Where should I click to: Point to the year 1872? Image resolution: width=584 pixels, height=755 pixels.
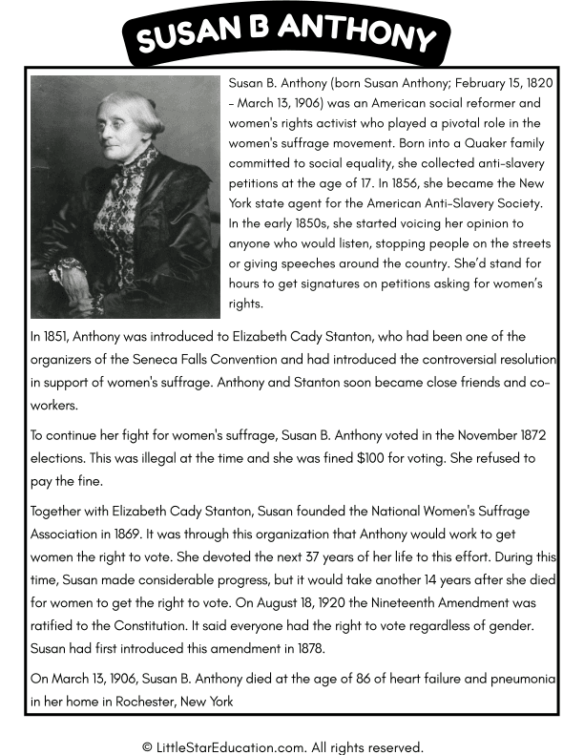point(527,435)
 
